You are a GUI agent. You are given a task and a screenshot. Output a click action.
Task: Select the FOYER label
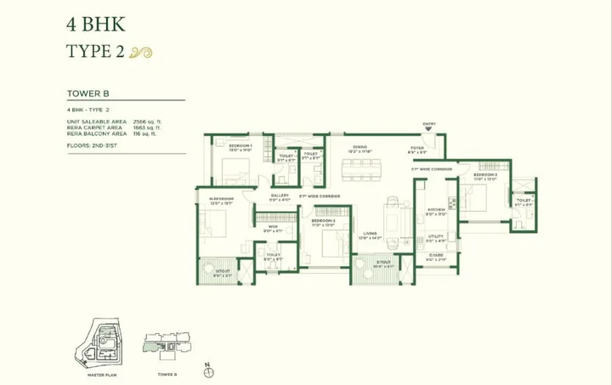[416, 147]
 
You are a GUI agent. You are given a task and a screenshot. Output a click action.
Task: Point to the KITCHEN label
[437, 210]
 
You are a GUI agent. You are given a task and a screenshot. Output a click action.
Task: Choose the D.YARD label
[436, 255]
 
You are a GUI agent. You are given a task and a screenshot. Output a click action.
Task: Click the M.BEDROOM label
[222, 201]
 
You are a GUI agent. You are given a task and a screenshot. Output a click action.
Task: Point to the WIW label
[273, 226]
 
